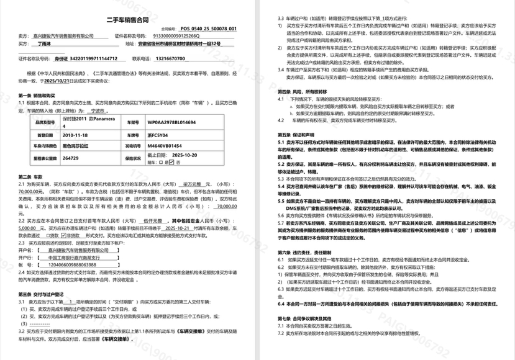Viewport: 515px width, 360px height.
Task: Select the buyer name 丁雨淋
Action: click(x=44, y=45)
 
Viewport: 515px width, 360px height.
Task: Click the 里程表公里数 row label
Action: click(x=41, y=158)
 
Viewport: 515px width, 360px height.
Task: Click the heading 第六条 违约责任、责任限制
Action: click(x=309, y=270)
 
